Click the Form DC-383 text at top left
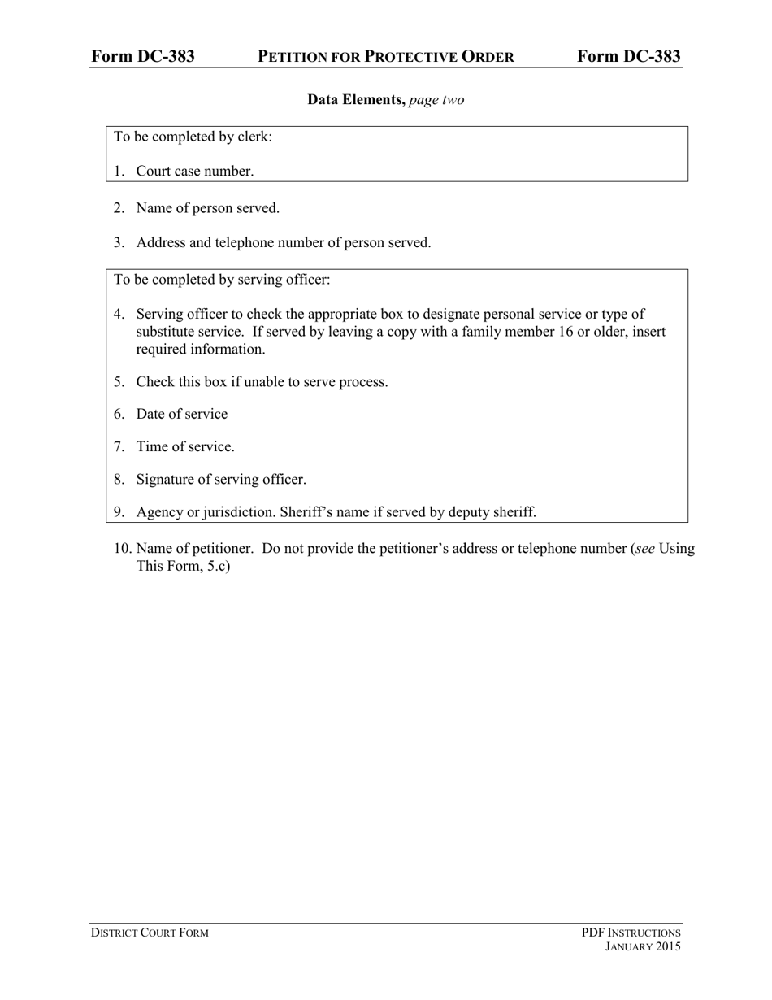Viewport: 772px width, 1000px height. (x=142, y=56)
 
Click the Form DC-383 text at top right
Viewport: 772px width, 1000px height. (x=629, y=56)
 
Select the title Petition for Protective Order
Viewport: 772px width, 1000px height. (x=385, y=57)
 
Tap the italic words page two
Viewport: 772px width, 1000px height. (x=436, y=100)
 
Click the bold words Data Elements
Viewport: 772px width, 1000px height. (x=356, y=100)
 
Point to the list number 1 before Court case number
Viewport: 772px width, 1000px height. (x=119, y=171)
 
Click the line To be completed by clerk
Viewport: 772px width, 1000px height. (x=193, y=137)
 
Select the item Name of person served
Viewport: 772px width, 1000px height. (x=207, y=208)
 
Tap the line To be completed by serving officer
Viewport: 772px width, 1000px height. (x=222, y=280)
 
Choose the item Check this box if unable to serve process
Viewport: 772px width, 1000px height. (x=262, y=381)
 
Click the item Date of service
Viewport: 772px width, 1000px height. (x=182, y=414)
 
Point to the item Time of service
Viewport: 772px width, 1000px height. (x=185, y=446)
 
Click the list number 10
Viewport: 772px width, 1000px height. (x=122, y=548)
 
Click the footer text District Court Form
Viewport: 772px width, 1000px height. (x=150, y=933)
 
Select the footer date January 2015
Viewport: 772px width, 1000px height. (x=643, y=946)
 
